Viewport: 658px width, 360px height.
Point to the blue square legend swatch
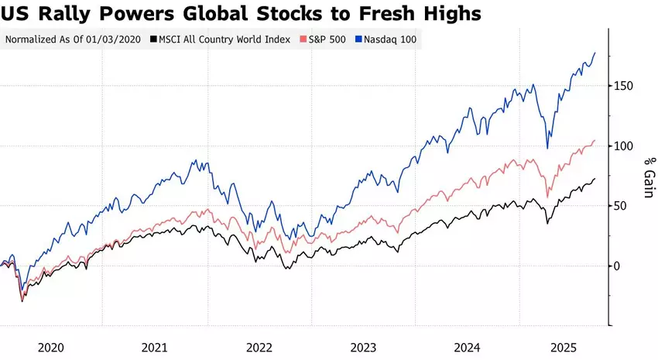coord(358,39)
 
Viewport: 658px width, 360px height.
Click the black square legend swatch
coord(153,39)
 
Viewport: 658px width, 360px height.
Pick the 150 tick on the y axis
coord(625,86)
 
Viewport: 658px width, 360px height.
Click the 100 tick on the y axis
coord(625,146)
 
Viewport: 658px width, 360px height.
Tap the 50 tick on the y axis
coord(622,206)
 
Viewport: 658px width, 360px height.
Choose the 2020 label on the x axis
coord(51,347)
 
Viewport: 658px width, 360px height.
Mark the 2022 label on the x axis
coord(259,347)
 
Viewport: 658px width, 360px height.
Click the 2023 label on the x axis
coord(363,347)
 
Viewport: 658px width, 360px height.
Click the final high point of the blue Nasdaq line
coord(595,53)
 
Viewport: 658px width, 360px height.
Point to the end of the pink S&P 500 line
coord(595,141)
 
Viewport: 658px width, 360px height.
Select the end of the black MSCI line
coord(595,180)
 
